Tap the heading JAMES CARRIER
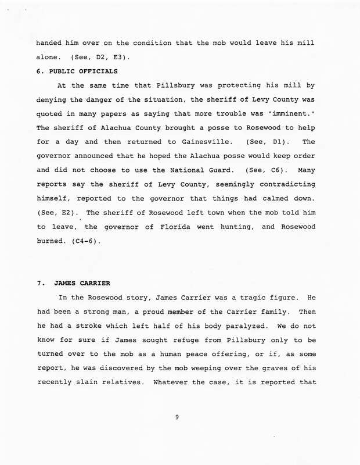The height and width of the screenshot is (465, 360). (81, 284)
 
